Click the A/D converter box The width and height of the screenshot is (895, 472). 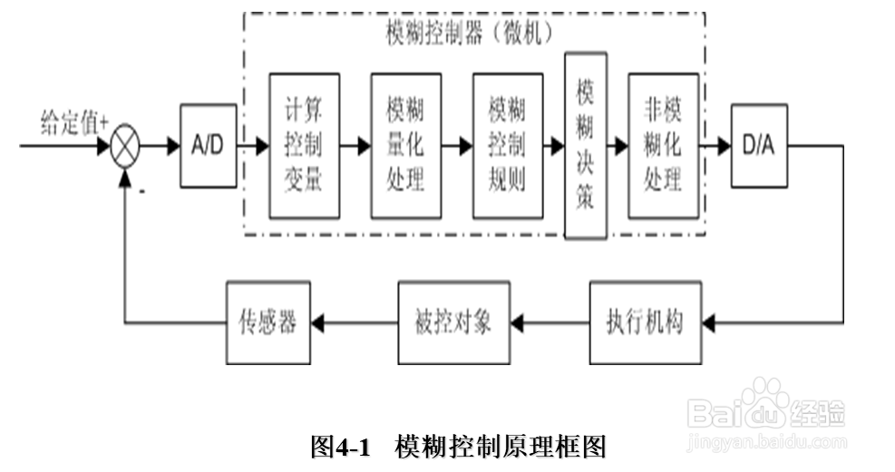coord(208,146)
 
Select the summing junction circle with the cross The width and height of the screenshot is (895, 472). coord(127,146)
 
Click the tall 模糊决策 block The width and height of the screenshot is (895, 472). coord(585,146)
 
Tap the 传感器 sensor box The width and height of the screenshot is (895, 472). coord(268,323)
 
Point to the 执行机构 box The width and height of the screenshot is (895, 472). coord(645,323)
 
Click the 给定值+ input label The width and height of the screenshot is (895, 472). coord(74,122)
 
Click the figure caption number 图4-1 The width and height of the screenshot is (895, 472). coord(341,447)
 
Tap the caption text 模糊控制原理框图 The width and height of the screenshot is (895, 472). coord(500,447)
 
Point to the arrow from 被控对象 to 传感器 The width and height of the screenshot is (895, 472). coord(354,323)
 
